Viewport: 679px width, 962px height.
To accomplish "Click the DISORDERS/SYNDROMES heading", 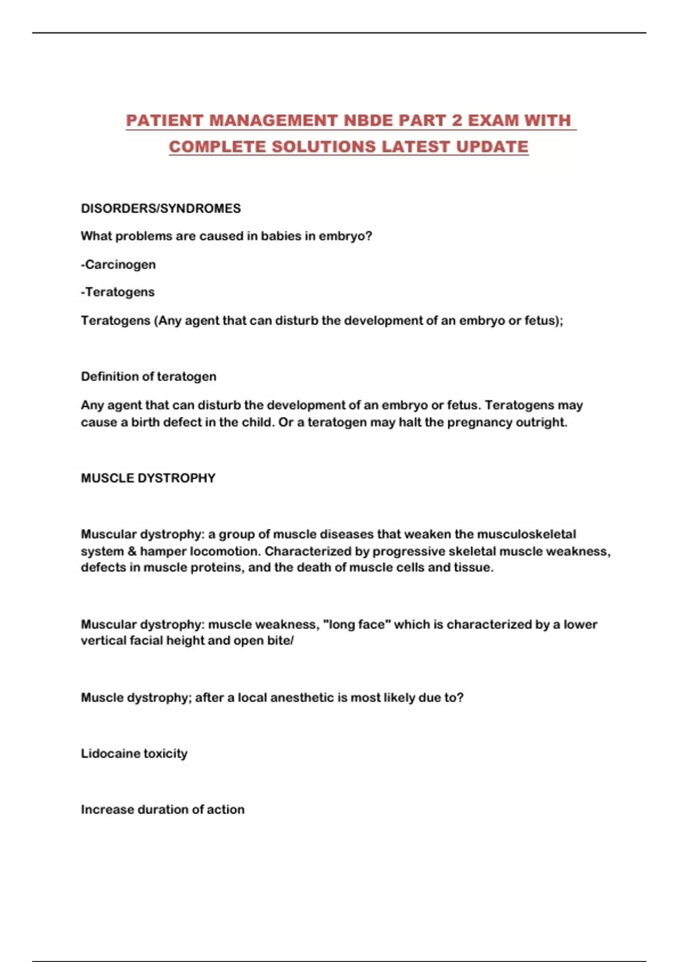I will point(161,208).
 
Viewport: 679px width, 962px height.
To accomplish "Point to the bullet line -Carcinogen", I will point(118,264).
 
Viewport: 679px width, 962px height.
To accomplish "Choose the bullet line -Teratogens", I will point(118,292).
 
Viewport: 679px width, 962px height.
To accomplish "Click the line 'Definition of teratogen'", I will point(148,376).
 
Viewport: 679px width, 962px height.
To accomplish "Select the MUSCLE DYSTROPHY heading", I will point(148,478).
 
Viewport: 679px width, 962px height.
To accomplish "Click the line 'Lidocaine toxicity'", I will point(134,753).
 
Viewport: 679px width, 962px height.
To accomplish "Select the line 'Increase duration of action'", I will point(162,809).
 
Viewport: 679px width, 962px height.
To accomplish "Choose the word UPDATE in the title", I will point(492,147).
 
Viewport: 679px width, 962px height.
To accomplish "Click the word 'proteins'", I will point(216,567).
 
